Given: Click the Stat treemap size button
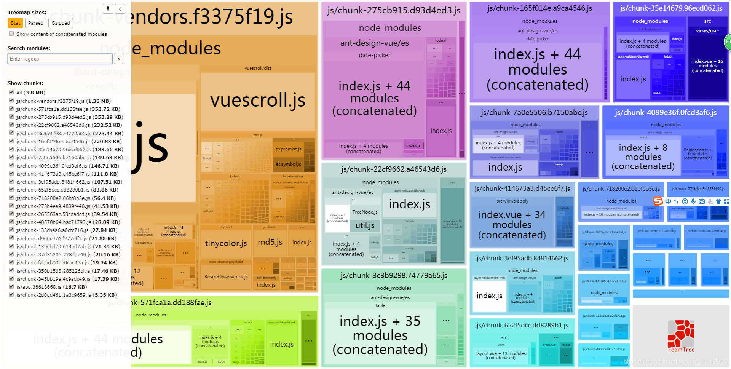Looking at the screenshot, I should [15, 23].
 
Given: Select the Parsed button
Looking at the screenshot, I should [36, 23].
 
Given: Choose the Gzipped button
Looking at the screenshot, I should [61, 23].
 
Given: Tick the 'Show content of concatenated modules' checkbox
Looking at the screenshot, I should [11, 34].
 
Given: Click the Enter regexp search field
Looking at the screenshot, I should [60, 59].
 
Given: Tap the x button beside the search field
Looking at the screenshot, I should [119, 59].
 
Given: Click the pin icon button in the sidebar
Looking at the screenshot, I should [108, 9].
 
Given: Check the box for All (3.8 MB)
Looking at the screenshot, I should [11, 93].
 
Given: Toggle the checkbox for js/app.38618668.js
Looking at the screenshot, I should [11, 287].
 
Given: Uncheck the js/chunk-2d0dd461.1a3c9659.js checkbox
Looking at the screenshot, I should [11, 295].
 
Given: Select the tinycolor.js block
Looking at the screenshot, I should [226, 243].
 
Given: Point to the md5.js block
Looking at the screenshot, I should [270, 242].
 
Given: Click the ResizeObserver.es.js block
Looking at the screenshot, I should [226, 277].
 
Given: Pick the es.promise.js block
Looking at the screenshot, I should [288, 149].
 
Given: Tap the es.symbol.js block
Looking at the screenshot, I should [288, 164].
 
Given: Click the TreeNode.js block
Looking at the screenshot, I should [365, 212].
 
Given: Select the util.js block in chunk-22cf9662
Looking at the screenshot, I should [365, 225].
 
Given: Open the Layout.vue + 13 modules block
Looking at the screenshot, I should [500, 355].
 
